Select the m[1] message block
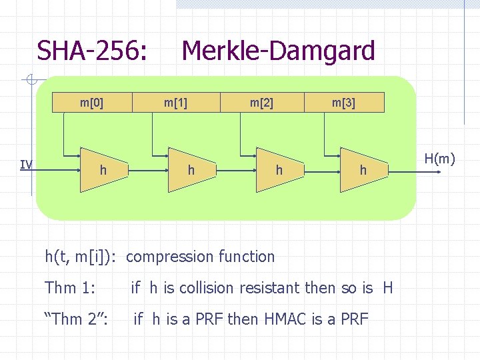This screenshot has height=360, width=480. tap(176, 103)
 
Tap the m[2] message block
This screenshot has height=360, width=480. tap(261, 103)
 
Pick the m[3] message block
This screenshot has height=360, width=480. tap(344, 103)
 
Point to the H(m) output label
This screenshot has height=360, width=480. tap(439, 159)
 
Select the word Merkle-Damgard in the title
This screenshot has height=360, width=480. tap(278, 51)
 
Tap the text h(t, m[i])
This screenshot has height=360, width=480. tap(83, 257)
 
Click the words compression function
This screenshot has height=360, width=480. tap(200, 257)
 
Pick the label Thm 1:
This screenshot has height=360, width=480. tap(70, 288)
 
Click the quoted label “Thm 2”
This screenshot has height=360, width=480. tap(76, 319)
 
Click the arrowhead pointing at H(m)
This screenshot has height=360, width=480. tap(437, 172)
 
